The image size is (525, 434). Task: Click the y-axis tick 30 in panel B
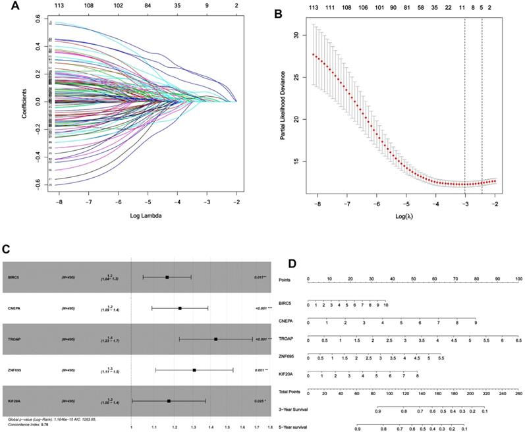click(303, 36)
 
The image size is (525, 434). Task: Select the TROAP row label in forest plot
click(11, 339)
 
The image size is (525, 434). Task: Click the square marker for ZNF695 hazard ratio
click(194, 370)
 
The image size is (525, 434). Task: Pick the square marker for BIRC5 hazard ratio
click(167, 277)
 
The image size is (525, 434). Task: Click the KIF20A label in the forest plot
click(11, 400)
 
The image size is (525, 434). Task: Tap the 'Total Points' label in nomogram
click(290, 392)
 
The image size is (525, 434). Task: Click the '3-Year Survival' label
click(293, 410)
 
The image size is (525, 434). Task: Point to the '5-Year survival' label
click(293, 427)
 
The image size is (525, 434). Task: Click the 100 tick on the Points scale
click(518, 279)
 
